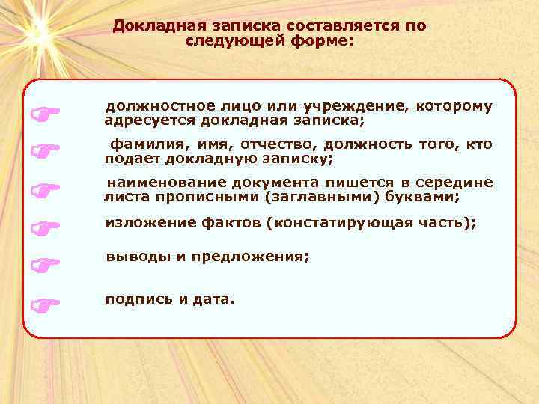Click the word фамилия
tap(140, 144)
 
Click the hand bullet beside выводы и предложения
tap(45, 264)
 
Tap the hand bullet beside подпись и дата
tap(45, 304)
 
